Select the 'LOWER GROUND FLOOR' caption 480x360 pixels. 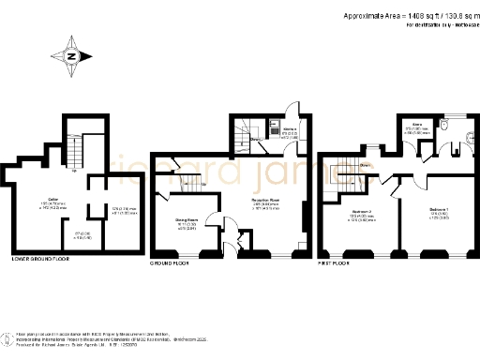[42, 258]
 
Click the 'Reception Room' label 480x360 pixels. [267, 200]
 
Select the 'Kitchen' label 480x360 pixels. [290, 130]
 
